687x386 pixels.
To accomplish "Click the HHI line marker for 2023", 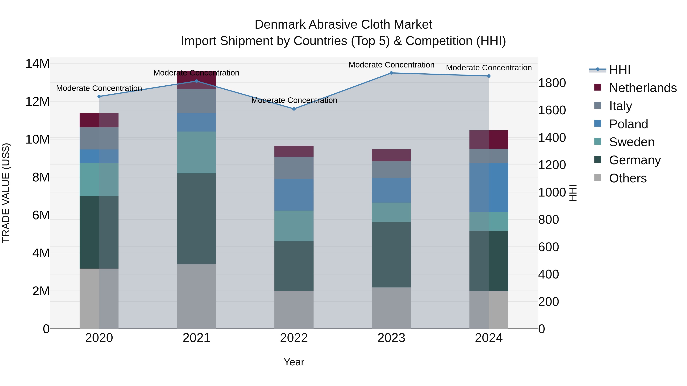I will [391, 73].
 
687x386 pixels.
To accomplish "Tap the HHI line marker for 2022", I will [294, 109].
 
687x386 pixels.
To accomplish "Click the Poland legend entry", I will [628, 124].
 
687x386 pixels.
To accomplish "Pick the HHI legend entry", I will [619, 70].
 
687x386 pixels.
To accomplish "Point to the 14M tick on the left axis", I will [37, 64].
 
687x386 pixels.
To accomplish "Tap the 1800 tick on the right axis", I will [552, 83].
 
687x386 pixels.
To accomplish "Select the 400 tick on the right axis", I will [548, 274].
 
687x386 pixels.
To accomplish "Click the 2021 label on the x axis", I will [196, 338].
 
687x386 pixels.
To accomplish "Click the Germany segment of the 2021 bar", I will [196, 218].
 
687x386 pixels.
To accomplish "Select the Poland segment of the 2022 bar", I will [294, 195].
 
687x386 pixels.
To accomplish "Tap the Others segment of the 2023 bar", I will [391, 308].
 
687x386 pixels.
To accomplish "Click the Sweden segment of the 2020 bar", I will [99, 179].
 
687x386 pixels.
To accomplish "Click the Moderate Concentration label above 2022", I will [294, 100].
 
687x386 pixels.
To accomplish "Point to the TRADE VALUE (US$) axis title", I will [6, 193].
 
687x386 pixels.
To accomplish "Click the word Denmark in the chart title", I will [280, 25].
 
